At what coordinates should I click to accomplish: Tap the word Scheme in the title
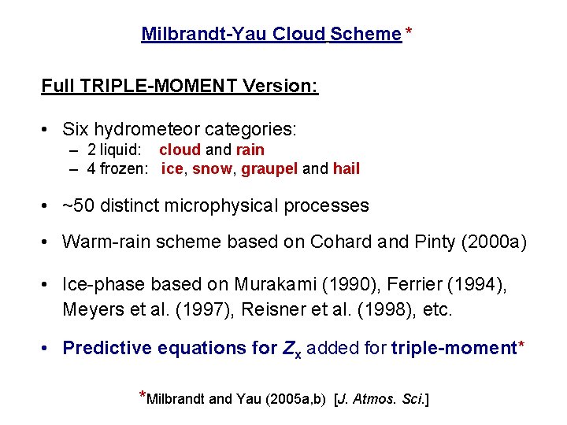[x=366, y=35]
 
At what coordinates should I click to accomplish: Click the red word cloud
[x=179, y=150]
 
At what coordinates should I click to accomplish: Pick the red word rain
[x=250, y=150]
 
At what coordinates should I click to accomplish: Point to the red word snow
[x=212, y=168]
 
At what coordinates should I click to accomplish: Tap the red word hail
[x=346, y=168]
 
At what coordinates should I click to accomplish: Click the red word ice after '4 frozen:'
[x=171, y=168]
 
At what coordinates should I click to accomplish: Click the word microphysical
[x=222, y=206]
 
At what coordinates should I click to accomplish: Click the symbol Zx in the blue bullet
[x=291, y=349]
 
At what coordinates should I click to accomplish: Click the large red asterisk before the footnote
[x=143, y=396]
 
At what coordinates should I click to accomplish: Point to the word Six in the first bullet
[x=76, y=129]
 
